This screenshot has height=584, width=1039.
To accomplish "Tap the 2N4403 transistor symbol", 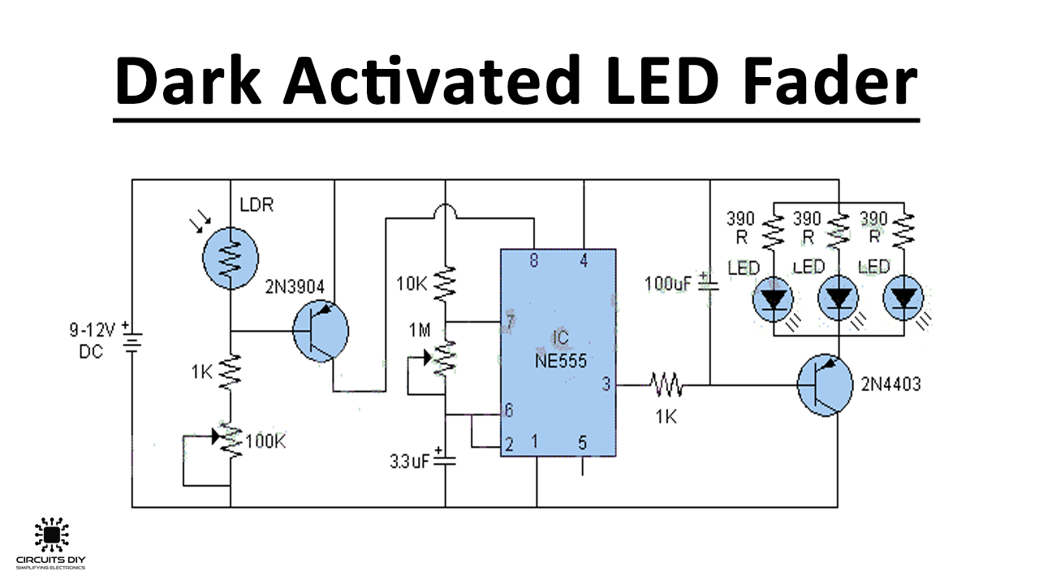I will point(825,384).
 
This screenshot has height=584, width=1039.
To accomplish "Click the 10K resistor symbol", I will point(445,286).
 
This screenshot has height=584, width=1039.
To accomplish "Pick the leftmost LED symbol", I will point(773,299).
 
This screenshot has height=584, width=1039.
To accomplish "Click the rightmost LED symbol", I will point(904,299).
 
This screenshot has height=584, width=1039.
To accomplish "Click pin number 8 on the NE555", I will point(533,260).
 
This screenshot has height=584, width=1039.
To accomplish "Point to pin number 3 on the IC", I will point(606,384).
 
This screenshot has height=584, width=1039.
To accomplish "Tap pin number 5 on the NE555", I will point(582,443).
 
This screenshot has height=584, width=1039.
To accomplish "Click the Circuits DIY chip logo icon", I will point(51,535).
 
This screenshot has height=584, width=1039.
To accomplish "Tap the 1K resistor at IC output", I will point(666,384).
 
